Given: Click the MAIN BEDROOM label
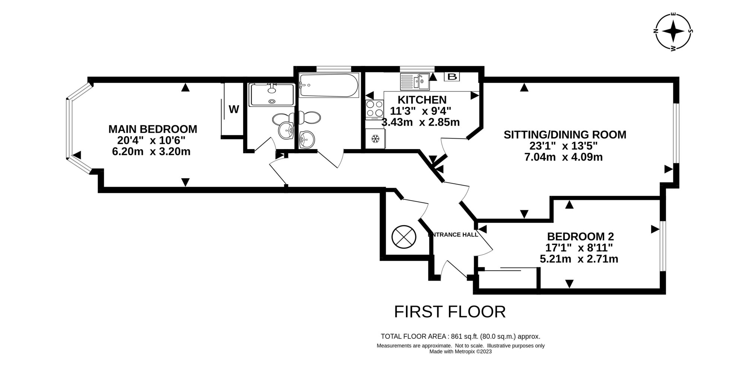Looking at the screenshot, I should point(153,129).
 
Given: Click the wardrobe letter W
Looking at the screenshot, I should point(234,110).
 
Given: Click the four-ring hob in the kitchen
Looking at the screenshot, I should point(375,109).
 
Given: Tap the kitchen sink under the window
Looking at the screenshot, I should point(415,82).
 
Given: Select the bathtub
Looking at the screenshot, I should point(329,86).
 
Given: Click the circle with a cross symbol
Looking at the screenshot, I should point(404,237).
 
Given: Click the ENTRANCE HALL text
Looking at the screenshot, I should point(453,235).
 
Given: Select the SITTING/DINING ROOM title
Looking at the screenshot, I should point(565,135).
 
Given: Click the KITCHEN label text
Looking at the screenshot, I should point(422,100).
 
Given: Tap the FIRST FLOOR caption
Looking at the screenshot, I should point(450,312).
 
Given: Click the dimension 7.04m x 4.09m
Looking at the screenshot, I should point(563,157).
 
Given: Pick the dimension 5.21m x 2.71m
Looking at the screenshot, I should point(579,259).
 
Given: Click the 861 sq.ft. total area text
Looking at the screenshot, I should point(460,336).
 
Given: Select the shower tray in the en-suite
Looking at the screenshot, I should point(272,95).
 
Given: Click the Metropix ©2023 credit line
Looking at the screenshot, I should point(460,352).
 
